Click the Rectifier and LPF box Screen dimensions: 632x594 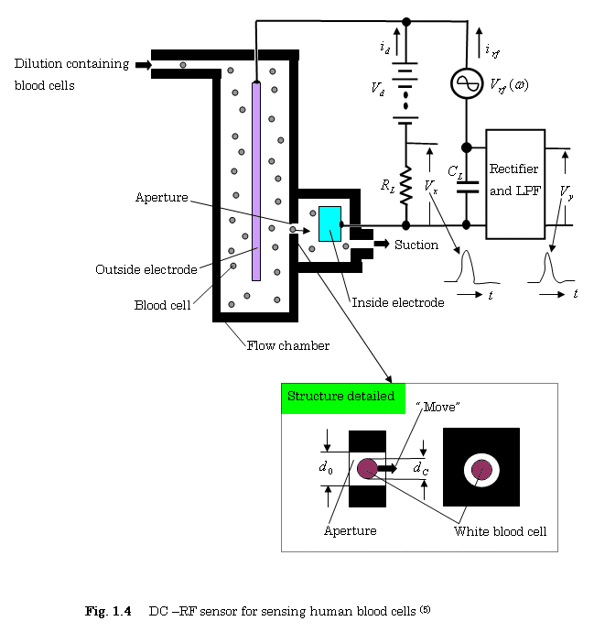point(514,183)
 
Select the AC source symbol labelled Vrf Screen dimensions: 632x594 point(466,84)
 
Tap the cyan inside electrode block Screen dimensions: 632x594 point(329,224)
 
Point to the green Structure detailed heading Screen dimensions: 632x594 point(341,397)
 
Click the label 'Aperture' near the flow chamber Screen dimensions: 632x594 point(162,198)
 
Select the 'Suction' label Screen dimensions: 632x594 point(416,245)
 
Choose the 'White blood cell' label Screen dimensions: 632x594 point(500,531)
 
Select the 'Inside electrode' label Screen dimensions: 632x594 point(398,302)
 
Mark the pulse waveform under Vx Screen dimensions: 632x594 point(468,267)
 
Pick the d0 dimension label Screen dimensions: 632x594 point(325,468)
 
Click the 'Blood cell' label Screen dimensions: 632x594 point(162,305)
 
